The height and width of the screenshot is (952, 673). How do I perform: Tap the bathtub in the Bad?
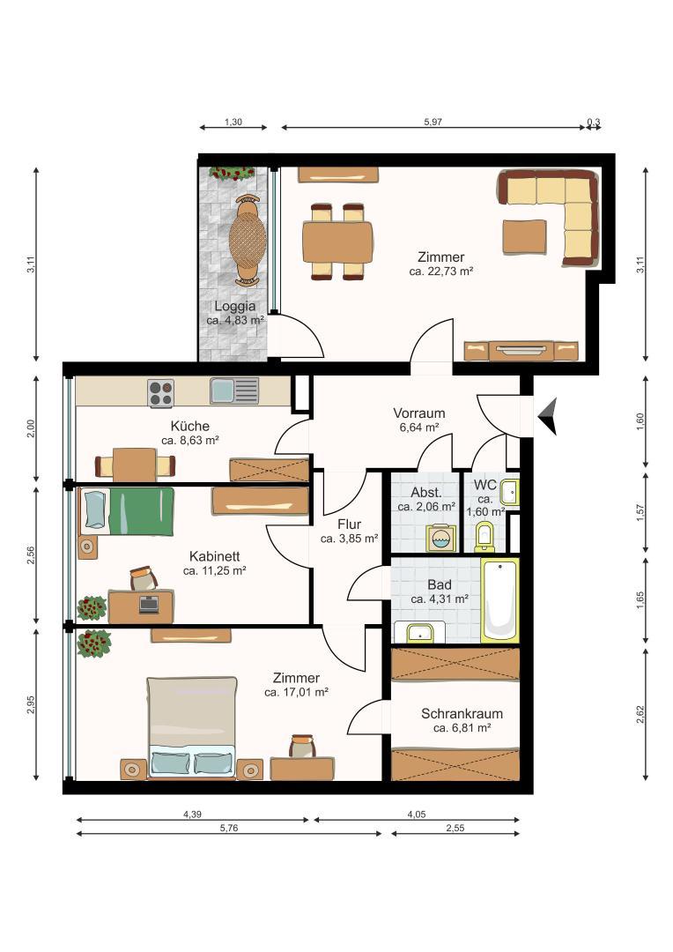coord(500,600)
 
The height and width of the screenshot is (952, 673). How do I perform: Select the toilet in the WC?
coord(484,536)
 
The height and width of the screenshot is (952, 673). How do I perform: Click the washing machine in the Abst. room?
coord(440,538)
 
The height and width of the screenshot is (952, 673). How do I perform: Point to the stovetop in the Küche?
coord(160,392)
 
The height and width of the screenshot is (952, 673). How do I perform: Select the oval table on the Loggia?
coord(247,240)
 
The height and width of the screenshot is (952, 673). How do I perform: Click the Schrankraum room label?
coord(462,714)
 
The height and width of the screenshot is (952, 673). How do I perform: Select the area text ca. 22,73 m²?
coord(441,271)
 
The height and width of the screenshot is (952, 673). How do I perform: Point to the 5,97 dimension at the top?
coord(433,122)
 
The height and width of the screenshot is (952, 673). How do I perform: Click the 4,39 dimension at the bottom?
coord(192,814)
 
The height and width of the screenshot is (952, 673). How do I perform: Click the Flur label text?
coord(349,524)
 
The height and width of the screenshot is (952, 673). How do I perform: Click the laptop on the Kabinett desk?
coord(149,605)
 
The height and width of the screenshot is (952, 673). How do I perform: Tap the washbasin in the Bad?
coord(419,631)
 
